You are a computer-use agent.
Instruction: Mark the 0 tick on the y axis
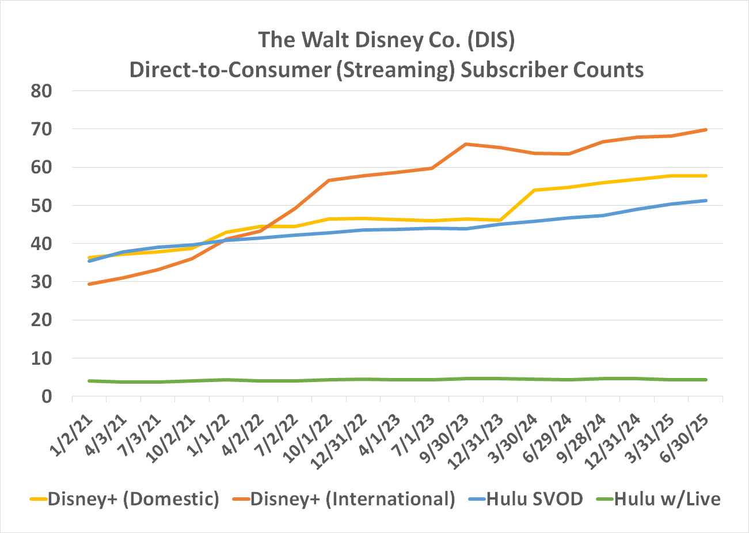coord(47,396)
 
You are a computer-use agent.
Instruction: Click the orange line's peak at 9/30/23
coord(466,144)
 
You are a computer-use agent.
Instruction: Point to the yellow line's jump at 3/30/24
coord(534,190)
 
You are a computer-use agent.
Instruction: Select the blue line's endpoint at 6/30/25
coord(705,201)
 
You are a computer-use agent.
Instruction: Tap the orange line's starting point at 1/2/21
coord(89,284)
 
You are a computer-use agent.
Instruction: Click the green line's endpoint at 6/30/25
coord(705,380)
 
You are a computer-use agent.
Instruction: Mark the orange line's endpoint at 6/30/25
coord(705,130)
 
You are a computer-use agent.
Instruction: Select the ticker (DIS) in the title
coord(491,41)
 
